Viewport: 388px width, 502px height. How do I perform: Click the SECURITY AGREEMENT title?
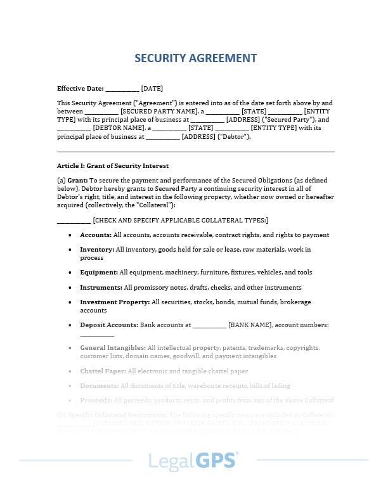[196, 58]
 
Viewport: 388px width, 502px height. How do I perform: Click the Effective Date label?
[80, 89]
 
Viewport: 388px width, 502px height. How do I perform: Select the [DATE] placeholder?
[152, 89]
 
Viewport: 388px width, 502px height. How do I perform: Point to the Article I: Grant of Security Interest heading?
[113, 165]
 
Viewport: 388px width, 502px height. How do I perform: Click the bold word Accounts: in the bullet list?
[96, 235]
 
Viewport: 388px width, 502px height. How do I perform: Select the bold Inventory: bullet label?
[96, 250]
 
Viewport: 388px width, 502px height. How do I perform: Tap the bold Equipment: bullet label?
[98, 273]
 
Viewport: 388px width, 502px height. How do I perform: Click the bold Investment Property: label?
[115, 302]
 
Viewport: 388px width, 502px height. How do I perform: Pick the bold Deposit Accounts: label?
[108, 325]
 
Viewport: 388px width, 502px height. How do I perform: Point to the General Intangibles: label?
[112, 348]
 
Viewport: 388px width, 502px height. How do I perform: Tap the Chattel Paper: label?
[103, 371]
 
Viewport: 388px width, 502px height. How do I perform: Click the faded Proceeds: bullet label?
[96, 401]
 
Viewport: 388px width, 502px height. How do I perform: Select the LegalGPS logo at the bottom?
[193, 461]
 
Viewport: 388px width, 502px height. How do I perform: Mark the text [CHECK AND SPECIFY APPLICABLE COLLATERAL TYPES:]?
[181, 220]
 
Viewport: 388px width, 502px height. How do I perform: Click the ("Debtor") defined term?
[234, 136]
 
